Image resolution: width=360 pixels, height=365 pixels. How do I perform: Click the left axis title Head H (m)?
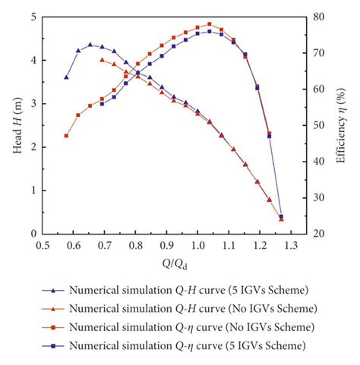point(17,125)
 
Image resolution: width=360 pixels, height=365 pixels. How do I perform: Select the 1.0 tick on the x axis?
point(198,246)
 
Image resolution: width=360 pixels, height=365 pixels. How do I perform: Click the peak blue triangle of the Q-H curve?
point(90,44)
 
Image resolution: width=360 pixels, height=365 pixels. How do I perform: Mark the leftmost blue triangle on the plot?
point(67,77)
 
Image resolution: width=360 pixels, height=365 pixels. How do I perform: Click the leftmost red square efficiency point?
point(67,136)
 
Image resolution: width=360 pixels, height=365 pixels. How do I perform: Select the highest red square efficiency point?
point(210,24)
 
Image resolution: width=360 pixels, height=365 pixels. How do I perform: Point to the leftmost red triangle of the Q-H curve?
point(102,59)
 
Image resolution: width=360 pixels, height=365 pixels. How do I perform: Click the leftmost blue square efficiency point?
point(102,103)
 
